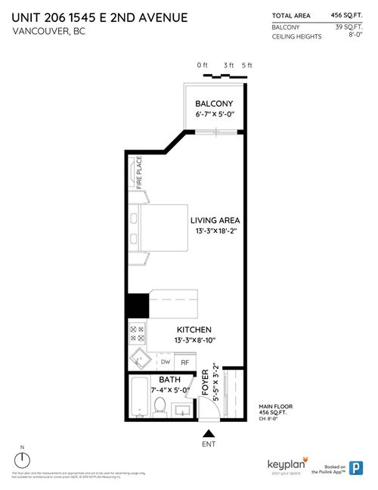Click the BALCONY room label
click(214, 104)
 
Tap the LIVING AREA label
click(216, 220)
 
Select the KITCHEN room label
click(194, 330)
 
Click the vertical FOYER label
click(204, 383)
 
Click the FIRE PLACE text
click(139, 173)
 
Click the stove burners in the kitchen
click(138, 330)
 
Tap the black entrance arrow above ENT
click(208, 433)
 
